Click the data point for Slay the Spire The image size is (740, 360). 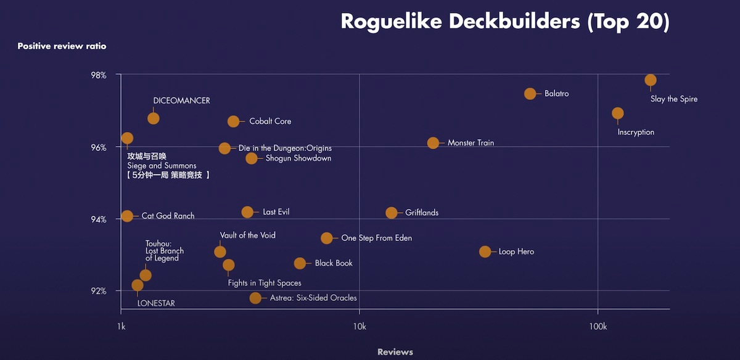tap(651, 80)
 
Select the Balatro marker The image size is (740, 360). tap(530, 94)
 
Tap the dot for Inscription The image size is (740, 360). tap(618, 113)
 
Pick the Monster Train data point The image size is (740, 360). tap(434, 143)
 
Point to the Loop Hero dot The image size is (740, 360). tap(485, 252)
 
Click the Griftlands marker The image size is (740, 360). tap(392, 213)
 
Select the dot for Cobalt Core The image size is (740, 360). tap(233, 121)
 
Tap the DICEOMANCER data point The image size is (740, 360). tap(154, 118)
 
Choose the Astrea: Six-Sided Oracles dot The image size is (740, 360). tap(255, 298)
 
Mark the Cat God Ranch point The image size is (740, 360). tap(127, 216)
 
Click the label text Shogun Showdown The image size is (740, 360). tap(298, 158)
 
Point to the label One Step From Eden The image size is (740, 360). tap(376, 238)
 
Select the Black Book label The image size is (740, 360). tap(334, 263)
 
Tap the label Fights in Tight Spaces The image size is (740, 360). tap(265, 283)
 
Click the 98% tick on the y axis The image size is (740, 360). tap(99, 75)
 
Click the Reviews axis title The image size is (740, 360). tap(395, 352)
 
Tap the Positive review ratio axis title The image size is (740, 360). tap(62, 46)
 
